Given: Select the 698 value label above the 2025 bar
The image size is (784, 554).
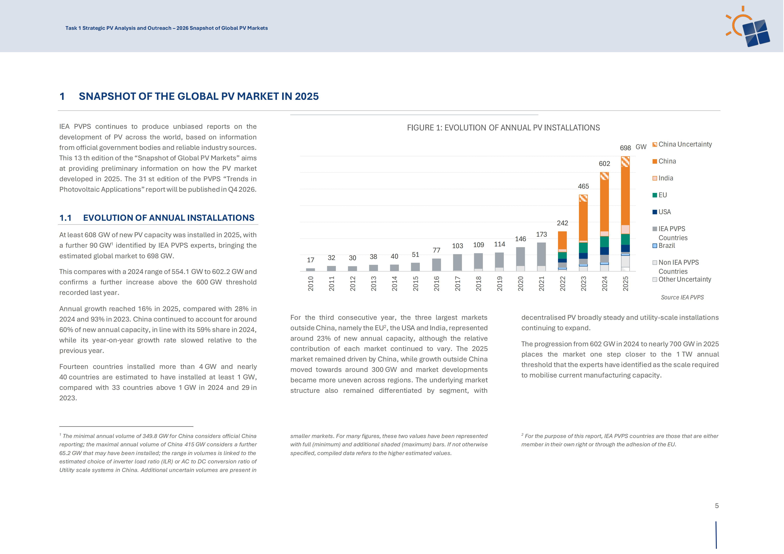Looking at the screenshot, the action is click(625, 148).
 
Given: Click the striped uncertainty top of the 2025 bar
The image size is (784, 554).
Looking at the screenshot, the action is click(625, 162).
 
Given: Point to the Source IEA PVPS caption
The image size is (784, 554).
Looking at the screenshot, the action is click(682, 297).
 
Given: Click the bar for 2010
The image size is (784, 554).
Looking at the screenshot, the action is click(310, 270).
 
